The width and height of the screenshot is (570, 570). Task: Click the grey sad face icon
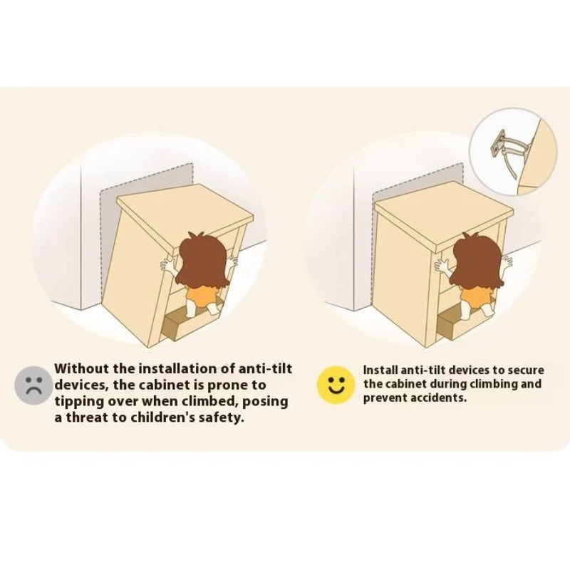click(x=33, y=385)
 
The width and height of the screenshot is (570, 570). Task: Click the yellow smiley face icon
click(x=336, y=385)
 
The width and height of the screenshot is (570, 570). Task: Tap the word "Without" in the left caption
click(x=81, y=368)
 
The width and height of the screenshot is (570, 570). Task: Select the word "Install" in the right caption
click(x=380, y=370)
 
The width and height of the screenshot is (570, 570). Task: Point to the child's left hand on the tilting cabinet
click(x=169, y=264)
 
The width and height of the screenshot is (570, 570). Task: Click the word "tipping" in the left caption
click(x=78, y=402)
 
